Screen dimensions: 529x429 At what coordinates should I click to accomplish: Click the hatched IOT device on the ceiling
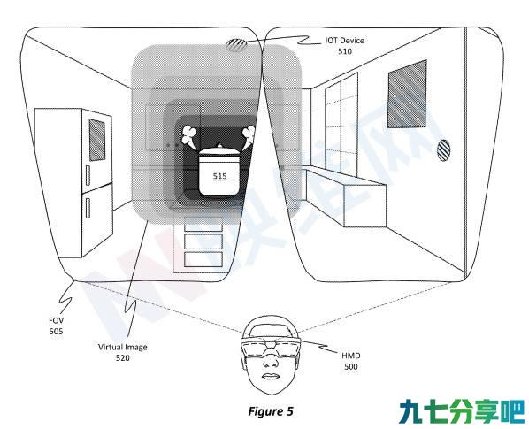(x=235, y=45)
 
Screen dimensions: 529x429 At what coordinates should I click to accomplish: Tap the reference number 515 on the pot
(x=220, y=176)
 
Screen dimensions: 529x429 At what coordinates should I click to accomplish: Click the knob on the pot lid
(x=220, y=146)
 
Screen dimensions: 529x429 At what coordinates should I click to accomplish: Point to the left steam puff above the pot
(x=188, y=137)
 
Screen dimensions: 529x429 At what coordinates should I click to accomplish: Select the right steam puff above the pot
(x=249, y=137)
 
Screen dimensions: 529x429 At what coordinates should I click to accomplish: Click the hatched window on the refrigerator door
(x=97, y=140)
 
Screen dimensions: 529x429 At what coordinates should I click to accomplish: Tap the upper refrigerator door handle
(x=88, y=176)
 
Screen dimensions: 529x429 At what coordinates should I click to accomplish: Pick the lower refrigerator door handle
(x=88, y=208)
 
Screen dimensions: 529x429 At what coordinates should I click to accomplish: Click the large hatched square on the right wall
(x=407, y=94)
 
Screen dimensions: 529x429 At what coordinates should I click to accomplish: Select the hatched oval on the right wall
(x=443, y=150)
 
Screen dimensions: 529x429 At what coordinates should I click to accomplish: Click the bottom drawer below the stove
(x=203, y=259)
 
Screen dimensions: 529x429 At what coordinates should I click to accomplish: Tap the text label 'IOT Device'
(x=344, y=41)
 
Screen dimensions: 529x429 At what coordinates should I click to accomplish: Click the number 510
(x=345, y=51)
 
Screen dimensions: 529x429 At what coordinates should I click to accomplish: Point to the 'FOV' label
(x=56, y=320)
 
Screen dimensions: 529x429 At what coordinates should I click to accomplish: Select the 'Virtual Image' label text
(x=122, y=347)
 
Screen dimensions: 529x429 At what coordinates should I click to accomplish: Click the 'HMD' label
(x=351, y=356)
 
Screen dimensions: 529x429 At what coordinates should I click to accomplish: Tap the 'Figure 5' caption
(x=271, y=411)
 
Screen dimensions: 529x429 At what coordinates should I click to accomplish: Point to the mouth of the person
(x=269, y=377)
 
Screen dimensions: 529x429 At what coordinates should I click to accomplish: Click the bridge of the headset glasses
(x=271, y=345)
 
